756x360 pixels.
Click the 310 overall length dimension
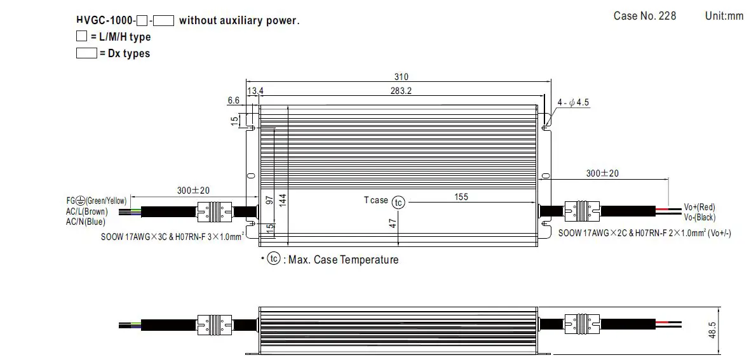pyautogui.click(x=402, y=77)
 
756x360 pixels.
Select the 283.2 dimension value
pyautogui.click(x=401, y=91)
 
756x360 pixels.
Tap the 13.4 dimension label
pyautogui.click(x=255, y=91)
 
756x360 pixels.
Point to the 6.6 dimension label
pyautogui.click(x=233, y=100)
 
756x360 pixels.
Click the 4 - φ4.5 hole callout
pyautogui.click(x=574, y=102)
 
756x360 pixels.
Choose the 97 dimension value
pyautogui.click(x=269, y=201)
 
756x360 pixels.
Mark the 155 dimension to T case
pyautogui.click(x=461, y=197)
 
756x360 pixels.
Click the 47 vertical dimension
pyautogui.click(x=393, y=223)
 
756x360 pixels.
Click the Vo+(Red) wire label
pyautogui.click(x=699, y=207)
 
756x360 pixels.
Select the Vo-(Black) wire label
pyautogui.click(x=699, y=217)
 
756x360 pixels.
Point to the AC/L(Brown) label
pyautogui.click(x=86, y=211)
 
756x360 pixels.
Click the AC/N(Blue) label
pyautogui.click(x=85, y=222)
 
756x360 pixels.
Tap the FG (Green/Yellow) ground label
pyautogui.click(x=95, y=201)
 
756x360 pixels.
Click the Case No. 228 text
pyautogui.click(x=644, y=16)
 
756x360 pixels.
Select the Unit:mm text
pyautogui.click(x=724, y=16)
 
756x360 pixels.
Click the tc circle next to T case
pyautogui.click(x=398, y=202)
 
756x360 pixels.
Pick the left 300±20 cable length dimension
pyautogui.click(x=193, y=190)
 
